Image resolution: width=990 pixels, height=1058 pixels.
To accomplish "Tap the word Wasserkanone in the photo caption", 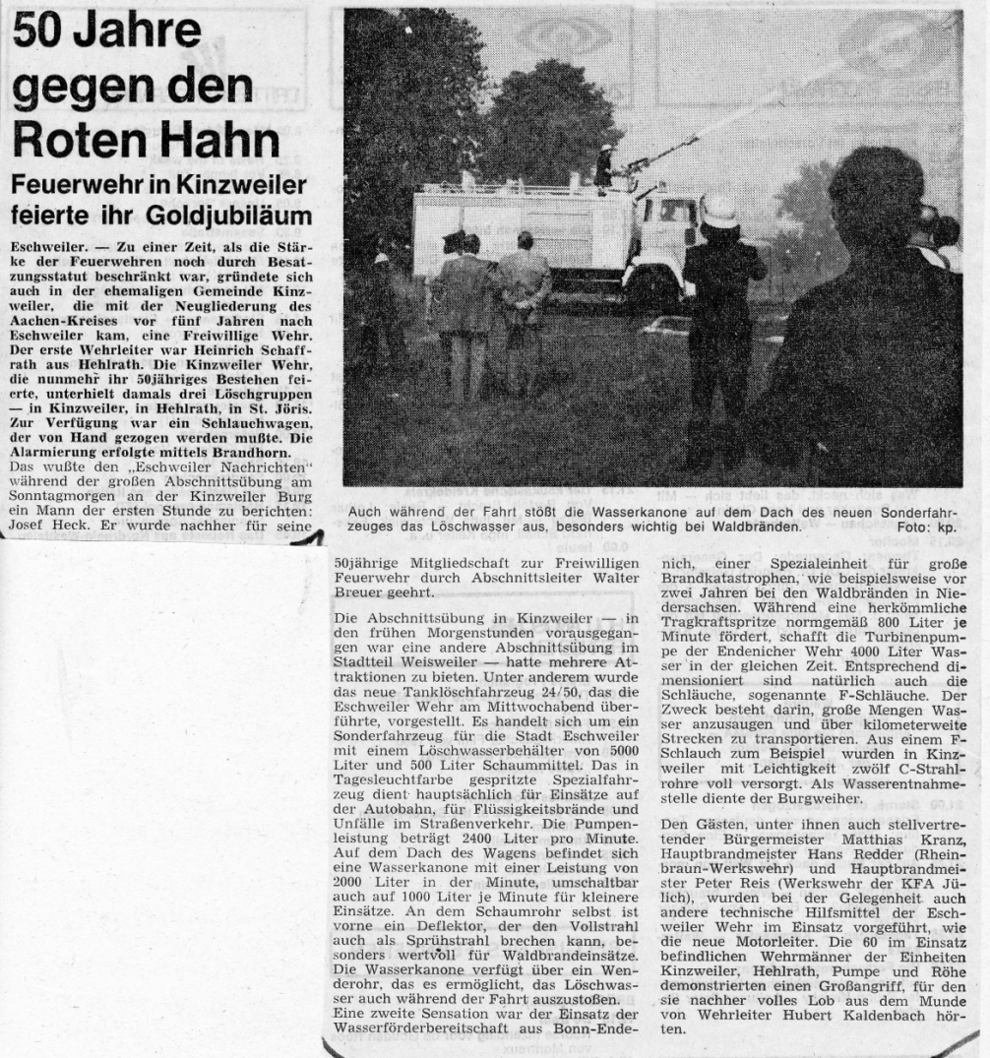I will click(570, 513).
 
